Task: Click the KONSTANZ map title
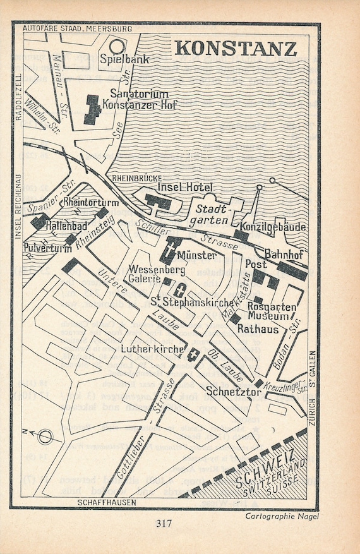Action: point(236,49)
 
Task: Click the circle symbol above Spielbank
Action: point(116,45)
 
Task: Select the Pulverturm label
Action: point(44,247)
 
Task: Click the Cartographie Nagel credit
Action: point(282,516)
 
